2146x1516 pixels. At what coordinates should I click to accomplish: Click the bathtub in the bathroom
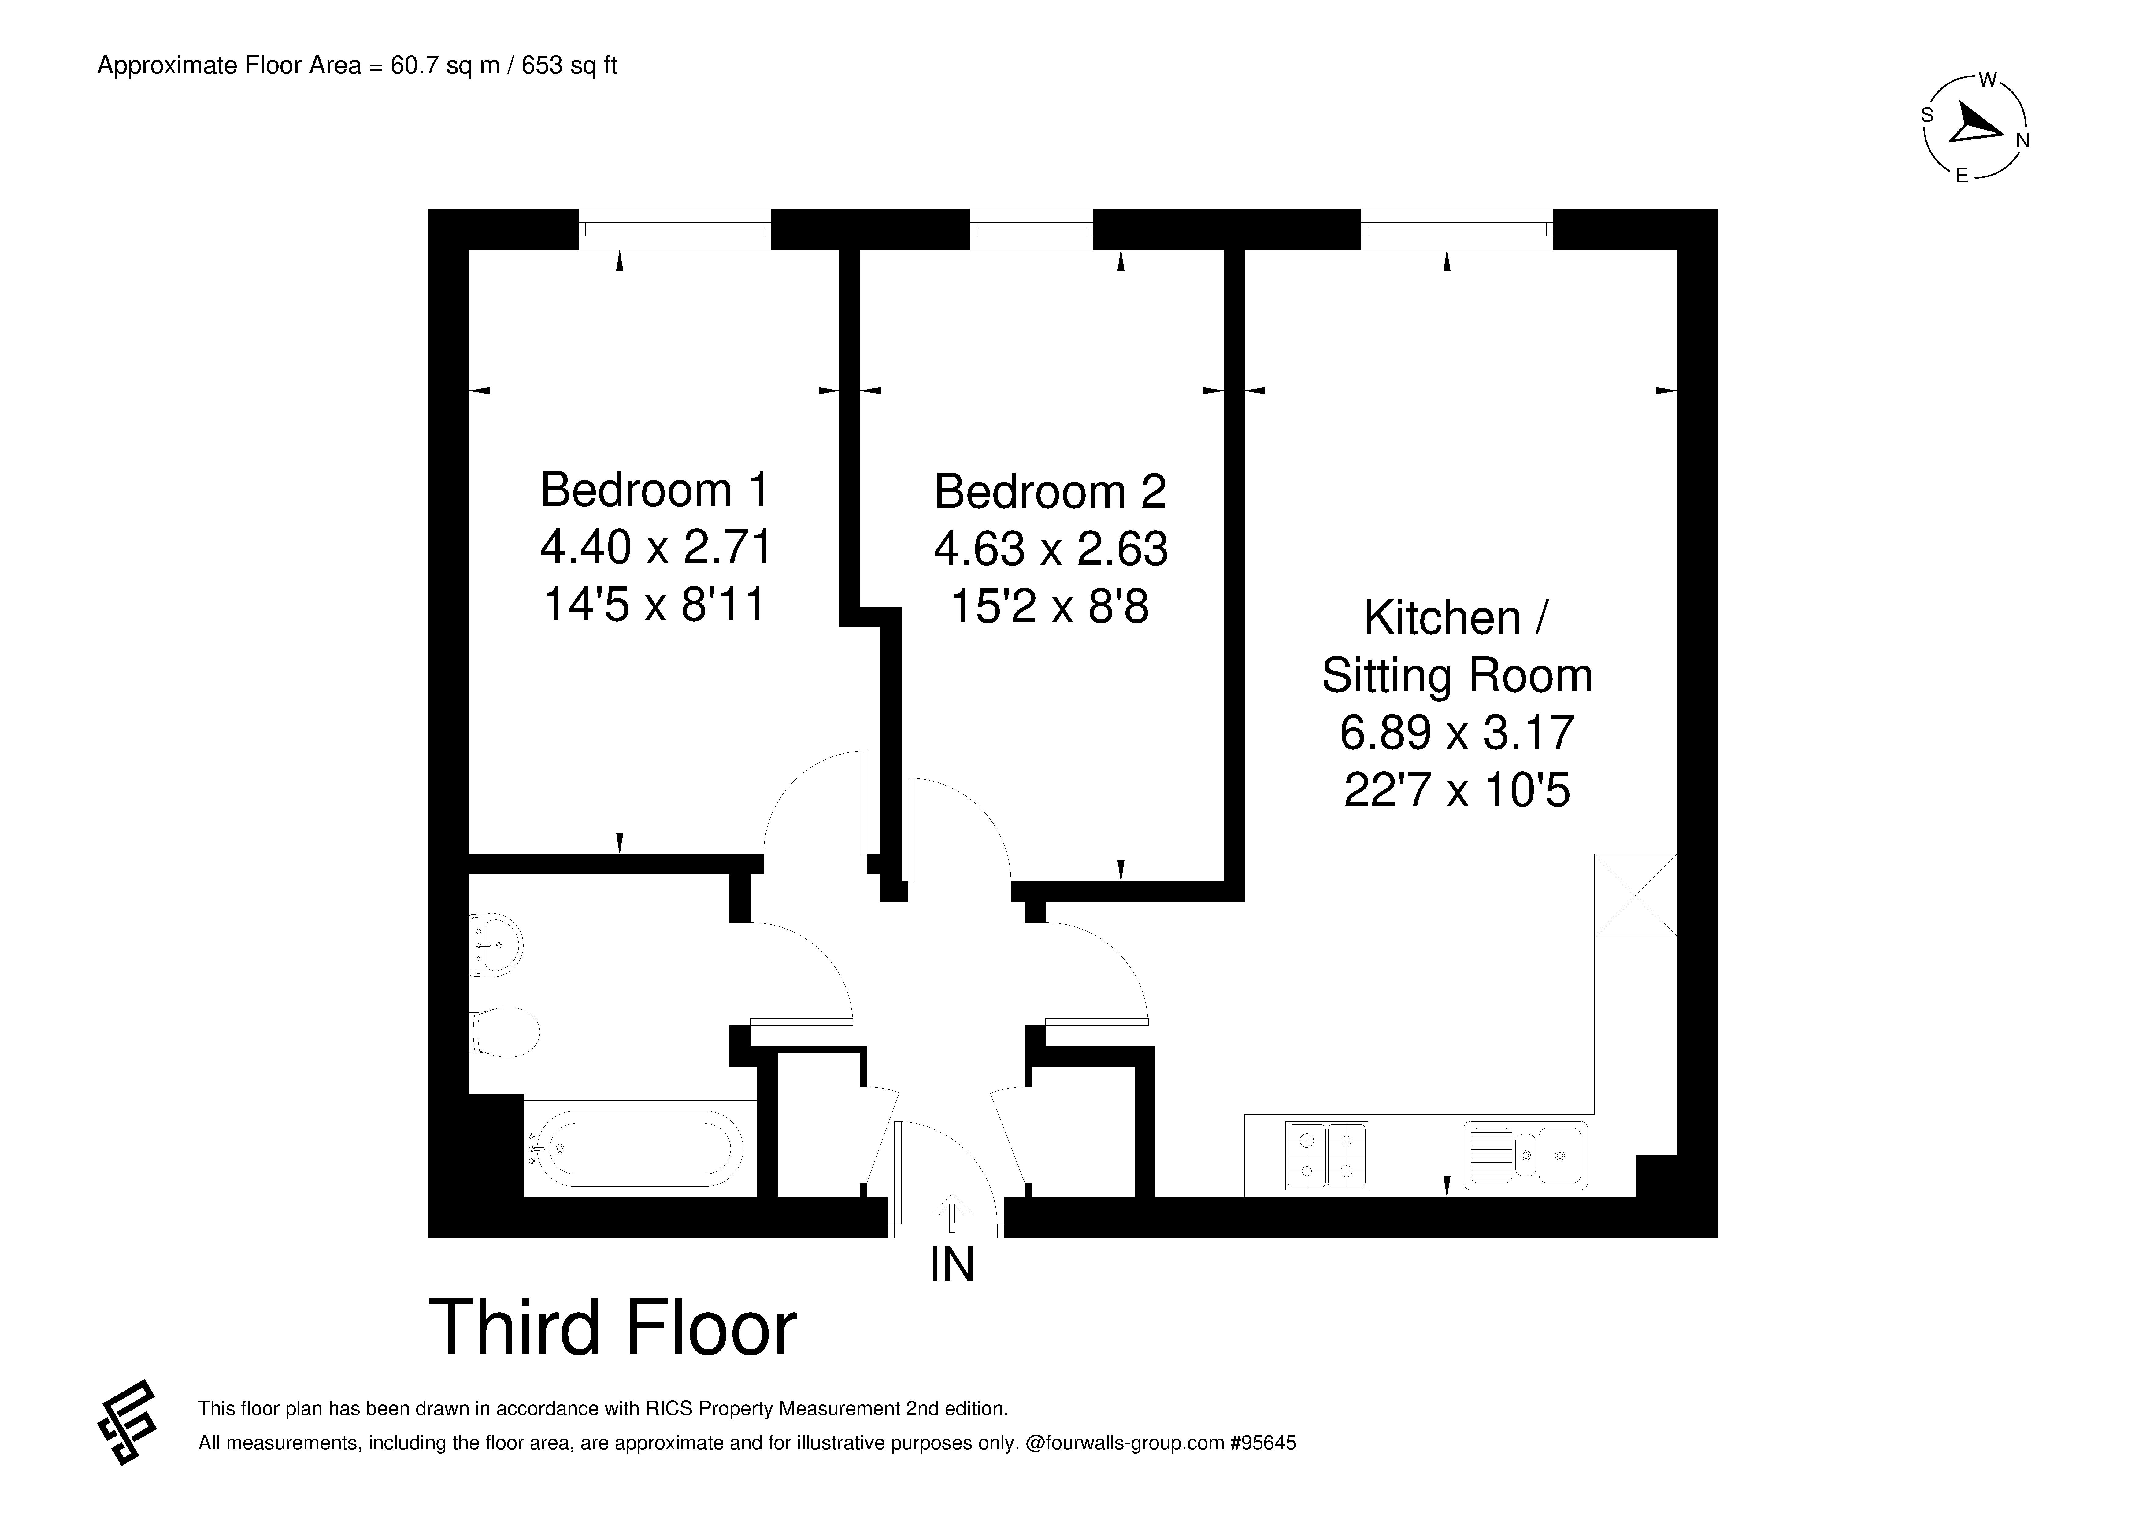pos(645,1149)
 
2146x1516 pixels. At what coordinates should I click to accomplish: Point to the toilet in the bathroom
pos(506,1032)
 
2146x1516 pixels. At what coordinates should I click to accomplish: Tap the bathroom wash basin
pos(495,945)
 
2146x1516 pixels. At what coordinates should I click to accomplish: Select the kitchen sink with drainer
pos(1525,1155)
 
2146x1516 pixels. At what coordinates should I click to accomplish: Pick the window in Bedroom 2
pos(1032,229)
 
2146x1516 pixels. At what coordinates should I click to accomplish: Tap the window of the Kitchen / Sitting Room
pos(1457,229)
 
